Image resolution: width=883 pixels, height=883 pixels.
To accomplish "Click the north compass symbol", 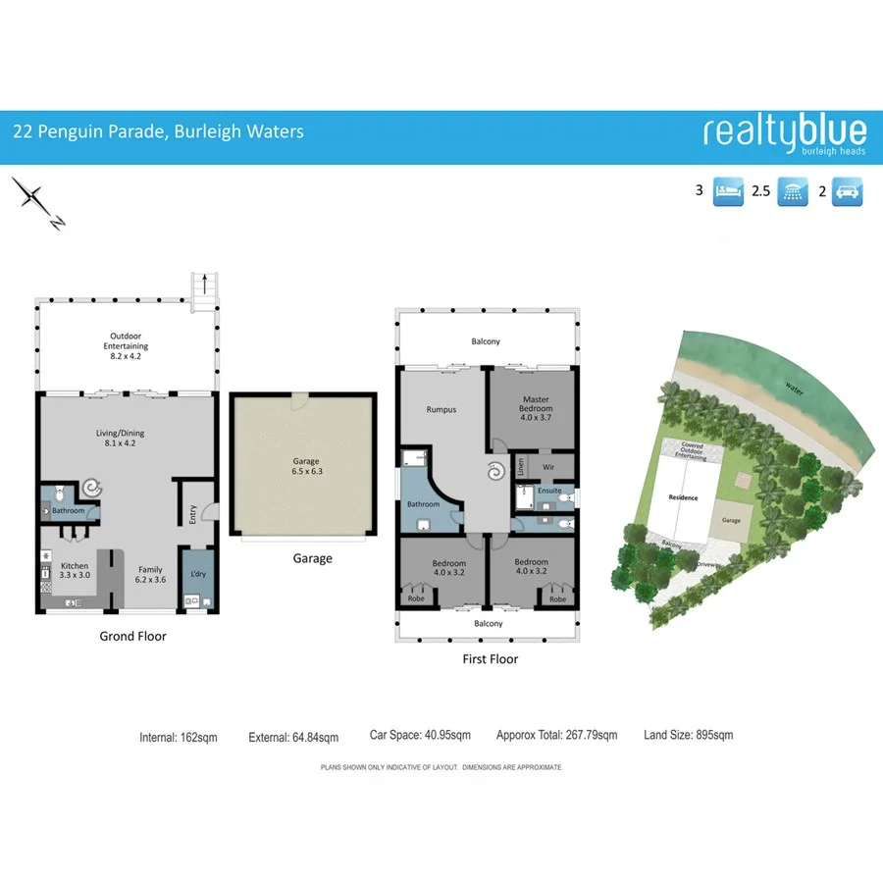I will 37,202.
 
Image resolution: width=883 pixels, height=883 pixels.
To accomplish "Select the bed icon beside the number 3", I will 727,190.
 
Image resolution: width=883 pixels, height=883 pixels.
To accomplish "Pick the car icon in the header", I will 848,191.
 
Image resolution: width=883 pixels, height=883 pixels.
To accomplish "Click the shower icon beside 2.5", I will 792,191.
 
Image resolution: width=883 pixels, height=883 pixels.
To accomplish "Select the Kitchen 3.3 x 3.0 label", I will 75,571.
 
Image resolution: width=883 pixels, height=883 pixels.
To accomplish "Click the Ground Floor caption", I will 132,636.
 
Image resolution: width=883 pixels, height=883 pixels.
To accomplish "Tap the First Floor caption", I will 490,659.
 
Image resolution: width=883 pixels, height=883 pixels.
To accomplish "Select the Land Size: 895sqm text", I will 688,735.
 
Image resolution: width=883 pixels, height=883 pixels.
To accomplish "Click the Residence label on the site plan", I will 683,497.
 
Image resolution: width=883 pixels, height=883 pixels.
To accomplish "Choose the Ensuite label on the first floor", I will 549,491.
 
